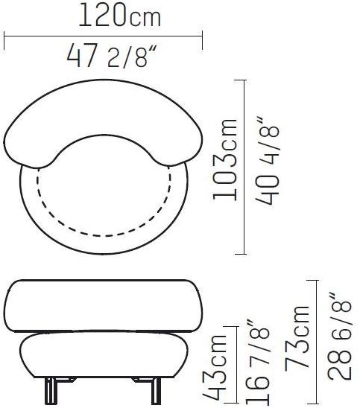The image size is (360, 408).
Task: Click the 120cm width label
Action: [119, 16]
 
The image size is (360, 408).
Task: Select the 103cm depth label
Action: [225, 159]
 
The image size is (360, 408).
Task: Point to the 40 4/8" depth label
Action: [268, 161]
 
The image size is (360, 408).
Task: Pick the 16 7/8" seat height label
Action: [257, 364]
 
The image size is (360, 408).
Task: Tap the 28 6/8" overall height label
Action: [339, 337]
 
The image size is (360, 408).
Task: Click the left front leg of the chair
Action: [50, 391]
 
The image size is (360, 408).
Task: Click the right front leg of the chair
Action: [156, 391]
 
